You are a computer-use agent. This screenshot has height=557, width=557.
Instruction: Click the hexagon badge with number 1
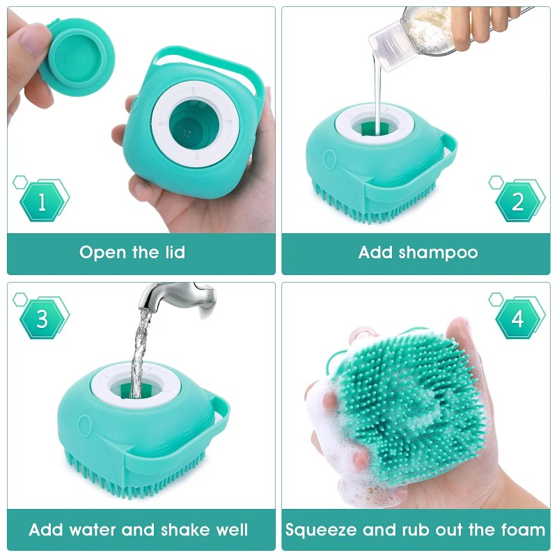pyautogui.click(x=42, y=202)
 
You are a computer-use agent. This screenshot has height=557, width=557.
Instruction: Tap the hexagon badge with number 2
pyautogui.click(x=517, y=202)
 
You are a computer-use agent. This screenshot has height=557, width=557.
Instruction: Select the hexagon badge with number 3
pyautogui.click(x=42, y=320)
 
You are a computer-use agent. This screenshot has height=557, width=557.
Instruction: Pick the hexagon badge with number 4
pyautogui.click(x=517, y=320)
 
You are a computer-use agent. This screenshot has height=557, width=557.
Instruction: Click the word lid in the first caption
pyautogui.click(x=171, y=252)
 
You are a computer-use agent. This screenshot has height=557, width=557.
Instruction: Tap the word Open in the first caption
pyautogui.click(x=102, y=252)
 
